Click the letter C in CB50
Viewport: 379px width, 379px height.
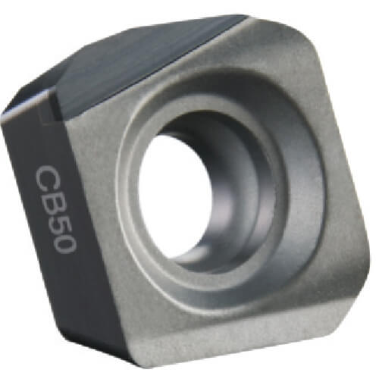pos(46,179)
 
